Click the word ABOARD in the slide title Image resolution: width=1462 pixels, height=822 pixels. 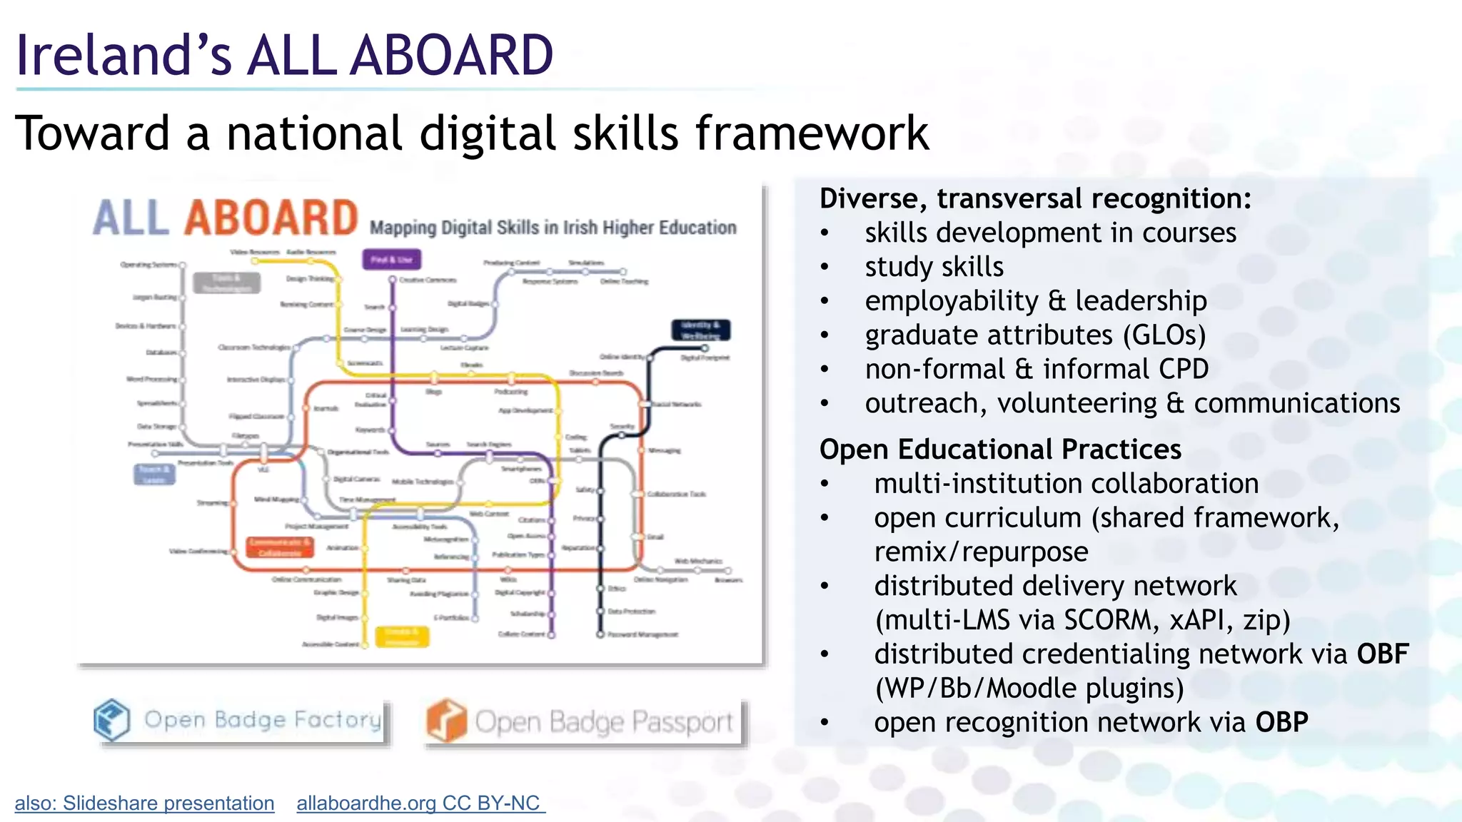(451, 56)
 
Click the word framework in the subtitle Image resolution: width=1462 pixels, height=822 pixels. (812, 133)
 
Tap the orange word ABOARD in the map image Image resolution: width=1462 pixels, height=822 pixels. (271, 218)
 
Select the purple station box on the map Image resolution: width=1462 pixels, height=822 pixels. (391, 259)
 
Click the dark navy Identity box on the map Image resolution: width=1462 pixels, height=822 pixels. (700, 330)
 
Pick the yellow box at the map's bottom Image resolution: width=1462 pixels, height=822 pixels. (403, 636)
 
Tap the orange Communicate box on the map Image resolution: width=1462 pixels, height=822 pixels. (279, 547)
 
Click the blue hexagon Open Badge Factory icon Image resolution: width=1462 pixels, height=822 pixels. (112, 719)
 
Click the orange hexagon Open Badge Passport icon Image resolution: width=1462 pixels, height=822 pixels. (446, 721)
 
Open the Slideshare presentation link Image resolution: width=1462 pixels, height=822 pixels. (144, 803)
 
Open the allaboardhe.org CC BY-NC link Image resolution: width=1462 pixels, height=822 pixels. (420, 803)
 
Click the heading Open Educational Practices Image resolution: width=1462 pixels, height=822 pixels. (1000, 450)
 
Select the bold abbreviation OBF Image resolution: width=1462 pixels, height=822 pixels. (1383, 654)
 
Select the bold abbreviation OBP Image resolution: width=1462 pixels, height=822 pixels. (1281, 723)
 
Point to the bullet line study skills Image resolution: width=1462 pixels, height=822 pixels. (934, 267)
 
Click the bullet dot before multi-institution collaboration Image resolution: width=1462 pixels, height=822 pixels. (825, 484)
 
